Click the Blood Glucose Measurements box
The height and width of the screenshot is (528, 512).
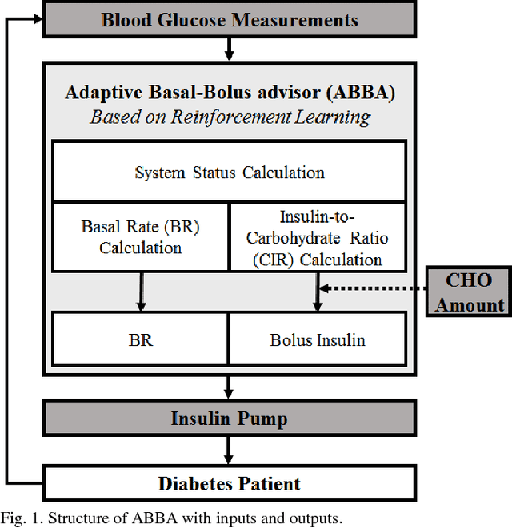pos(229,19)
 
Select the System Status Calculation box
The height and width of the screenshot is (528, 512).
pos(229,172)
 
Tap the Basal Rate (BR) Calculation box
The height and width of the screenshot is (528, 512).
pos(141,236)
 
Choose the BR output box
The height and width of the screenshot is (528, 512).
pos(141,339)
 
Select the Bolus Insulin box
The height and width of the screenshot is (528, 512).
pos(318,339)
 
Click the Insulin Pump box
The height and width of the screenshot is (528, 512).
pos(229,418)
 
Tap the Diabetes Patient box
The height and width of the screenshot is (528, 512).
pos(229,483)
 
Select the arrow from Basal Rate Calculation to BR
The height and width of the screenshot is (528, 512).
pos(141,292)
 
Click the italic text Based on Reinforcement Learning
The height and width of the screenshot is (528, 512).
pos(230,117)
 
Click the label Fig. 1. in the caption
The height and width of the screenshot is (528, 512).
pos(23,518)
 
